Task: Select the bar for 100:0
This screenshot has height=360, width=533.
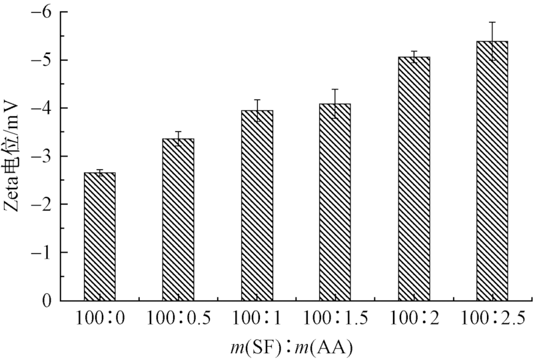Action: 99,237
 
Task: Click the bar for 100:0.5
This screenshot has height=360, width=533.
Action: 178,220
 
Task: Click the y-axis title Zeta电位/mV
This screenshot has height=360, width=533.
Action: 14,156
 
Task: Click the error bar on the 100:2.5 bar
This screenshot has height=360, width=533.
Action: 492,41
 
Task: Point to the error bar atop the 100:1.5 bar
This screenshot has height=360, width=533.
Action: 335,103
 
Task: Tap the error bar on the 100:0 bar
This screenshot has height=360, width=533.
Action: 99,173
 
